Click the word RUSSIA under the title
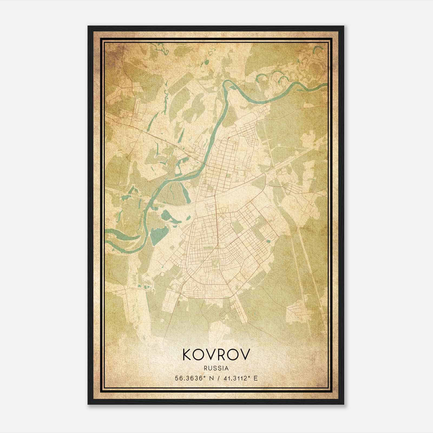[x=216, y=368]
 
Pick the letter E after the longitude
[x=255, y=378]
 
